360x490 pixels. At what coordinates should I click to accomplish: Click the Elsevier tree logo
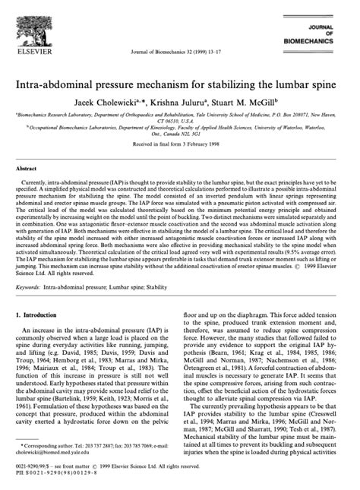click(33, 24)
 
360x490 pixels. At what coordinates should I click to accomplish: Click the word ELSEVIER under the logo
click(34, 53)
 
